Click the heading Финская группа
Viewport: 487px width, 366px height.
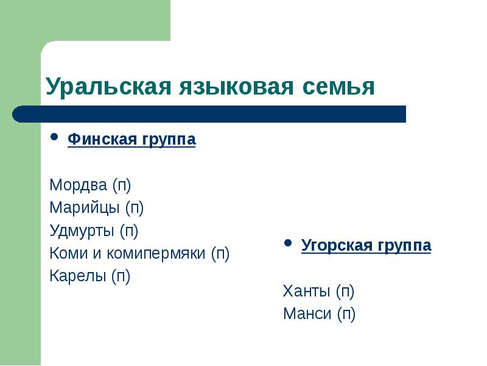131,140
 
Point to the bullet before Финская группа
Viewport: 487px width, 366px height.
54,138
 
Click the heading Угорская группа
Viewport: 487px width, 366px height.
366,246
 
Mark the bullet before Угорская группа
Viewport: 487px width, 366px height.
289,244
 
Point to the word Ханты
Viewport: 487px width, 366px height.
307,291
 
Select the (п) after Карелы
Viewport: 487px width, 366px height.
121,276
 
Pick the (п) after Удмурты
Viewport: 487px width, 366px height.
128,231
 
